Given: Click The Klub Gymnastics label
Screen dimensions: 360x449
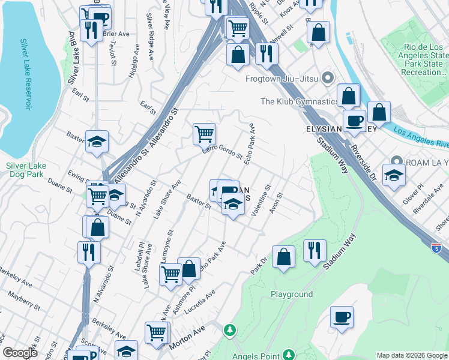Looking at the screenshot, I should pyautogui.click(x=299, y=101).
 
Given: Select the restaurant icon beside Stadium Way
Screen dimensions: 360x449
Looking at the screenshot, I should pyautogui.click(x=315, y=251).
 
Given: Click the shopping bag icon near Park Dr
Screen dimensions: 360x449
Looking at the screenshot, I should pyautogui.click(x=284, y=257).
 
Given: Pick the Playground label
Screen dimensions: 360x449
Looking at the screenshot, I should pyautogui.click(x=292, y=294).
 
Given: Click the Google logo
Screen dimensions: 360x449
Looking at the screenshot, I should pyautogui.click(x=20, y=352).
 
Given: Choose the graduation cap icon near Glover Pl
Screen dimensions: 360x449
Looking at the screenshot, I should pyautogui.click(x=394, y=176).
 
